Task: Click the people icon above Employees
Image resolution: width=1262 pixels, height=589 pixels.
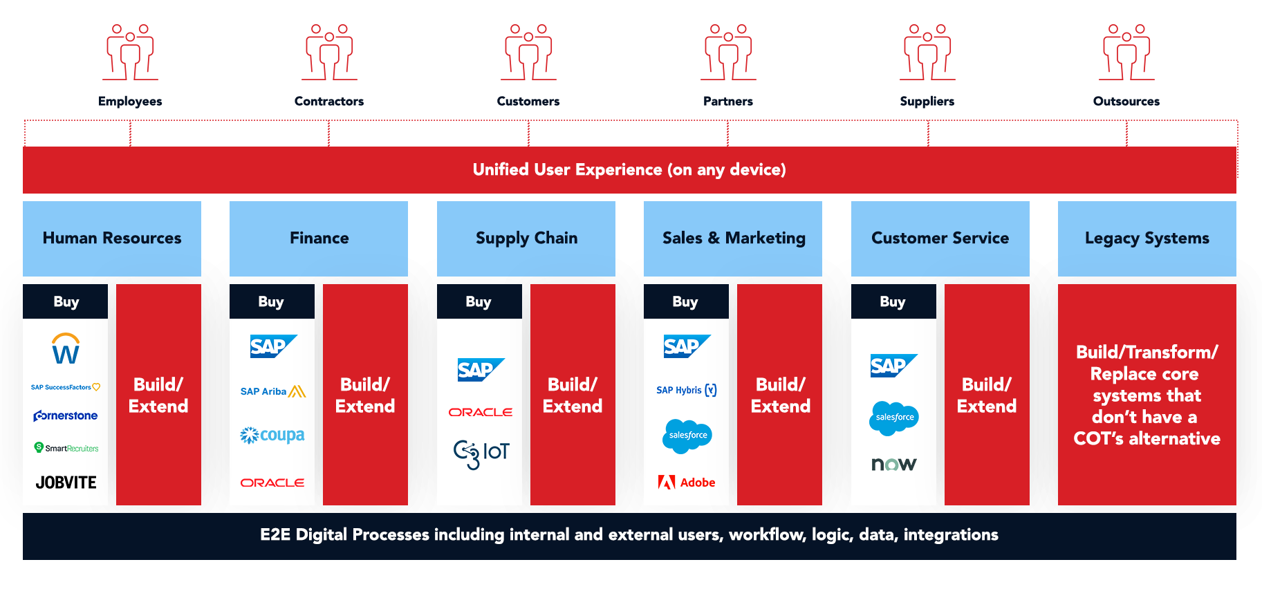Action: [x=130, y=53]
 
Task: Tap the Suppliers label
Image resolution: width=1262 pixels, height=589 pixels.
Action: [x=927, y=101]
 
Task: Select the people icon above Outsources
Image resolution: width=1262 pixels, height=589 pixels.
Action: [x=1126, y=53]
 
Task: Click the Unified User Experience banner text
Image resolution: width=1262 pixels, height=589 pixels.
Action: [x=629, y=170]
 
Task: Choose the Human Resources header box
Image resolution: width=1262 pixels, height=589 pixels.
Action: [x=112, y=239]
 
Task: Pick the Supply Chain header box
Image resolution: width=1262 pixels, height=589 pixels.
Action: [x=526, y=239]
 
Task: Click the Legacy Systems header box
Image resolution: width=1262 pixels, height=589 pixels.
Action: [x=1147, y=239]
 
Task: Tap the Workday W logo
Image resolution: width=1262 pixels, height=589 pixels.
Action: [x=66, y=349]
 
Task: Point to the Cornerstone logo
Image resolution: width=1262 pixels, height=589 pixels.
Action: [x=66, y=415]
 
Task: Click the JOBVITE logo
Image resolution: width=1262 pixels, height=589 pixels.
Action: [x=66, y=483]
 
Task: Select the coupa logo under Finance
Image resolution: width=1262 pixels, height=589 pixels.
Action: [x=272, y=436]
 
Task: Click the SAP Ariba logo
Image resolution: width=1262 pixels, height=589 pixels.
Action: [x=272, y=391]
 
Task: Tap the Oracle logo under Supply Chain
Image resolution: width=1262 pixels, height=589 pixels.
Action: [x=480, y=412]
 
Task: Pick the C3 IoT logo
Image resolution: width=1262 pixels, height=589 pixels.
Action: [x=481, y=454]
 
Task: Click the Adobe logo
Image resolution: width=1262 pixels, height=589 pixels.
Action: [x=687, y=483]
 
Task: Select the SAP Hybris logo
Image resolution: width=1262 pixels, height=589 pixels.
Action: [x=686, y=391]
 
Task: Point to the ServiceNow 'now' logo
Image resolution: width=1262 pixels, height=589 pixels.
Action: [x=893, y=464]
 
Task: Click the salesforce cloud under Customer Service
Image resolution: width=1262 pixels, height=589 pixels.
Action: [x=894, y=418]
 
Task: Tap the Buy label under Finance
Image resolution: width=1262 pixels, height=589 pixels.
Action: [x=271, y=302]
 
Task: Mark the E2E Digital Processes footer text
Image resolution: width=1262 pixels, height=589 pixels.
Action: [x=629, y=535]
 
